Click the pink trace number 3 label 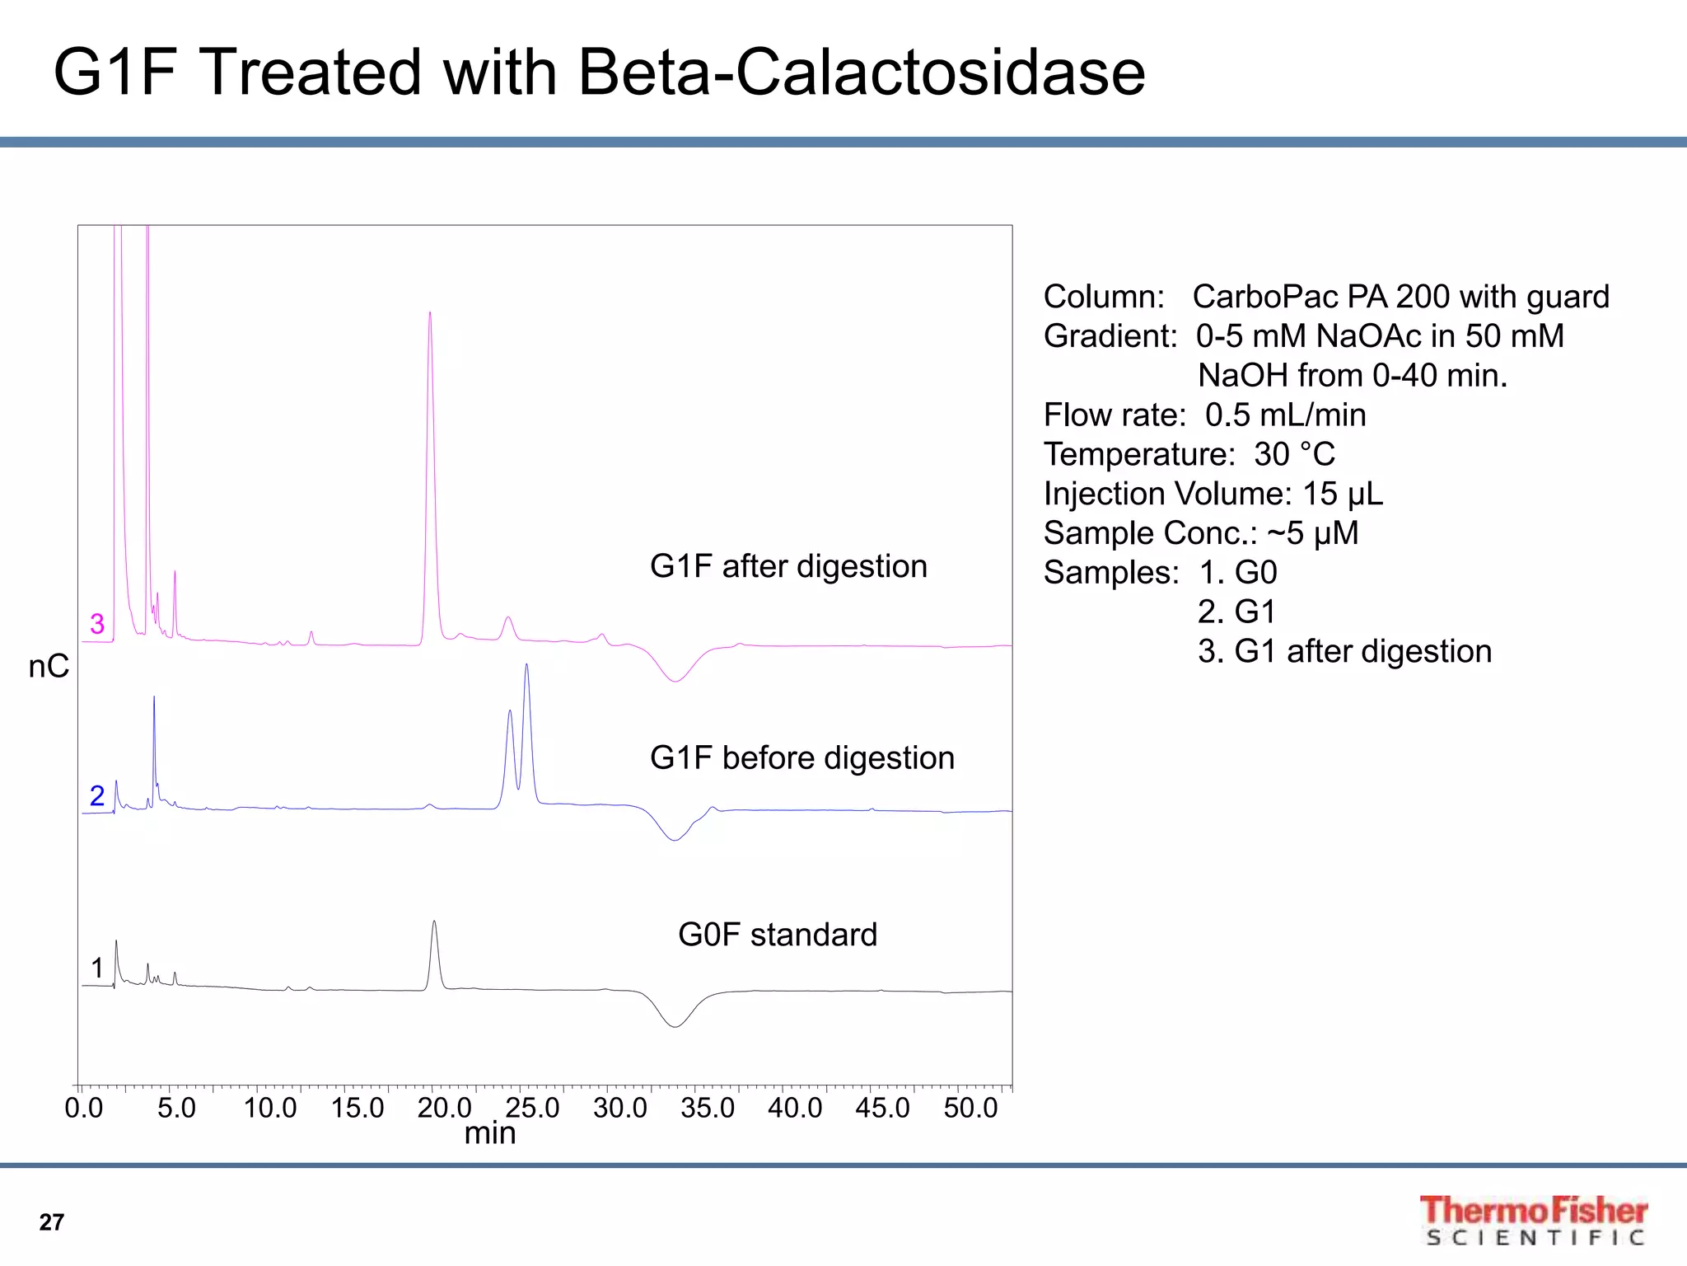click(97, 624)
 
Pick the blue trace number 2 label click(97, 795)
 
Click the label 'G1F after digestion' click(788, 566)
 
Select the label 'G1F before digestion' click(801, 757)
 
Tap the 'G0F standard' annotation click(777, 935)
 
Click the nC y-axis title click(49, 666)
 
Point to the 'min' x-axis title click(489, 1133)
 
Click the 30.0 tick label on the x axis click(619, 1108)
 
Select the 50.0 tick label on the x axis click(970, 1108)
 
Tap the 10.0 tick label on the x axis click(269, 1108)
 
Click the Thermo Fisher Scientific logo click(1533, 1220)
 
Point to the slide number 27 click(51, 1222)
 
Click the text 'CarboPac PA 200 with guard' click(1400, 297)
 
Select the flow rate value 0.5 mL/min click(1285, 415)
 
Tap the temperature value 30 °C click(1294, 454)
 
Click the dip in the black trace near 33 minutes click(675, 1025)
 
